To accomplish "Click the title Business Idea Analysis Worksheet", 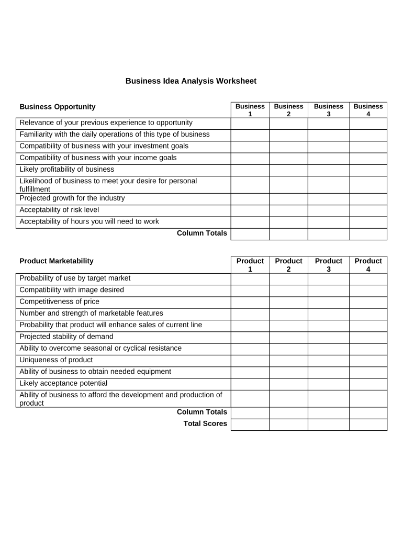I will tap(191, 81).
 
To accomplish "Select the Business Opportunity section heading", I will tap(58, 107).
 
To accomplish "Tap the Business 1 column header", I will tap(250, 110).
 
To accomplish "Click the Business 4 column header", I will tap(368, 110).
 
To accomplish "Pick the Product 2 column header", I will tap(288, 265).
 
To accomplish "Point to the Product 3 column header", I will tap(328, 265).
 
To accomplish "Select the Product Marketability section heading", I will tap(57, 261).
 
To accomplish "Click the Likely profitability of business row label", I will tap(66, 170).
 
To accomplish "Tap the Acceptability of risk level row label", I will tap(59, 210).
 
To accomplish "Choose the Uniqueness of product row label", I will tap(56, 360).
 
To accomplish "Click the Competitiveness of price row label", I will tap(59, 301).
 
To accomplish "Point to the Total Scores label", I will tap(205, 424).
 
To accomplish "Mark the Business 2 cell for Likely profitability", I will tap(288, 170).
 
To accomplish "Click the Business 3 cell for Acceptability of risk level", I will tap(328, 210).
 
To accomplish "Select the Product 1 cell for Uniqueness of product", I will tap(250, 361).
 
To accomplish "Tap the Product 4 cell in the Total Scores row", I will tap(368, 425).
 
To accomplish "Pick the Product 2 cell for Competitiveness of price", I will tap(288, 302).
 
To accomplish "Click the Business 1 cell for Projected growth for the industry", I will tap(250, 199).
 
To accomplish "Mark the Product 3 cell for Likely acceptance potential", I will tap(328, 384).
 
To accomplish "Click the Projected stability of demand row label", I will tap(66, 337).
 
